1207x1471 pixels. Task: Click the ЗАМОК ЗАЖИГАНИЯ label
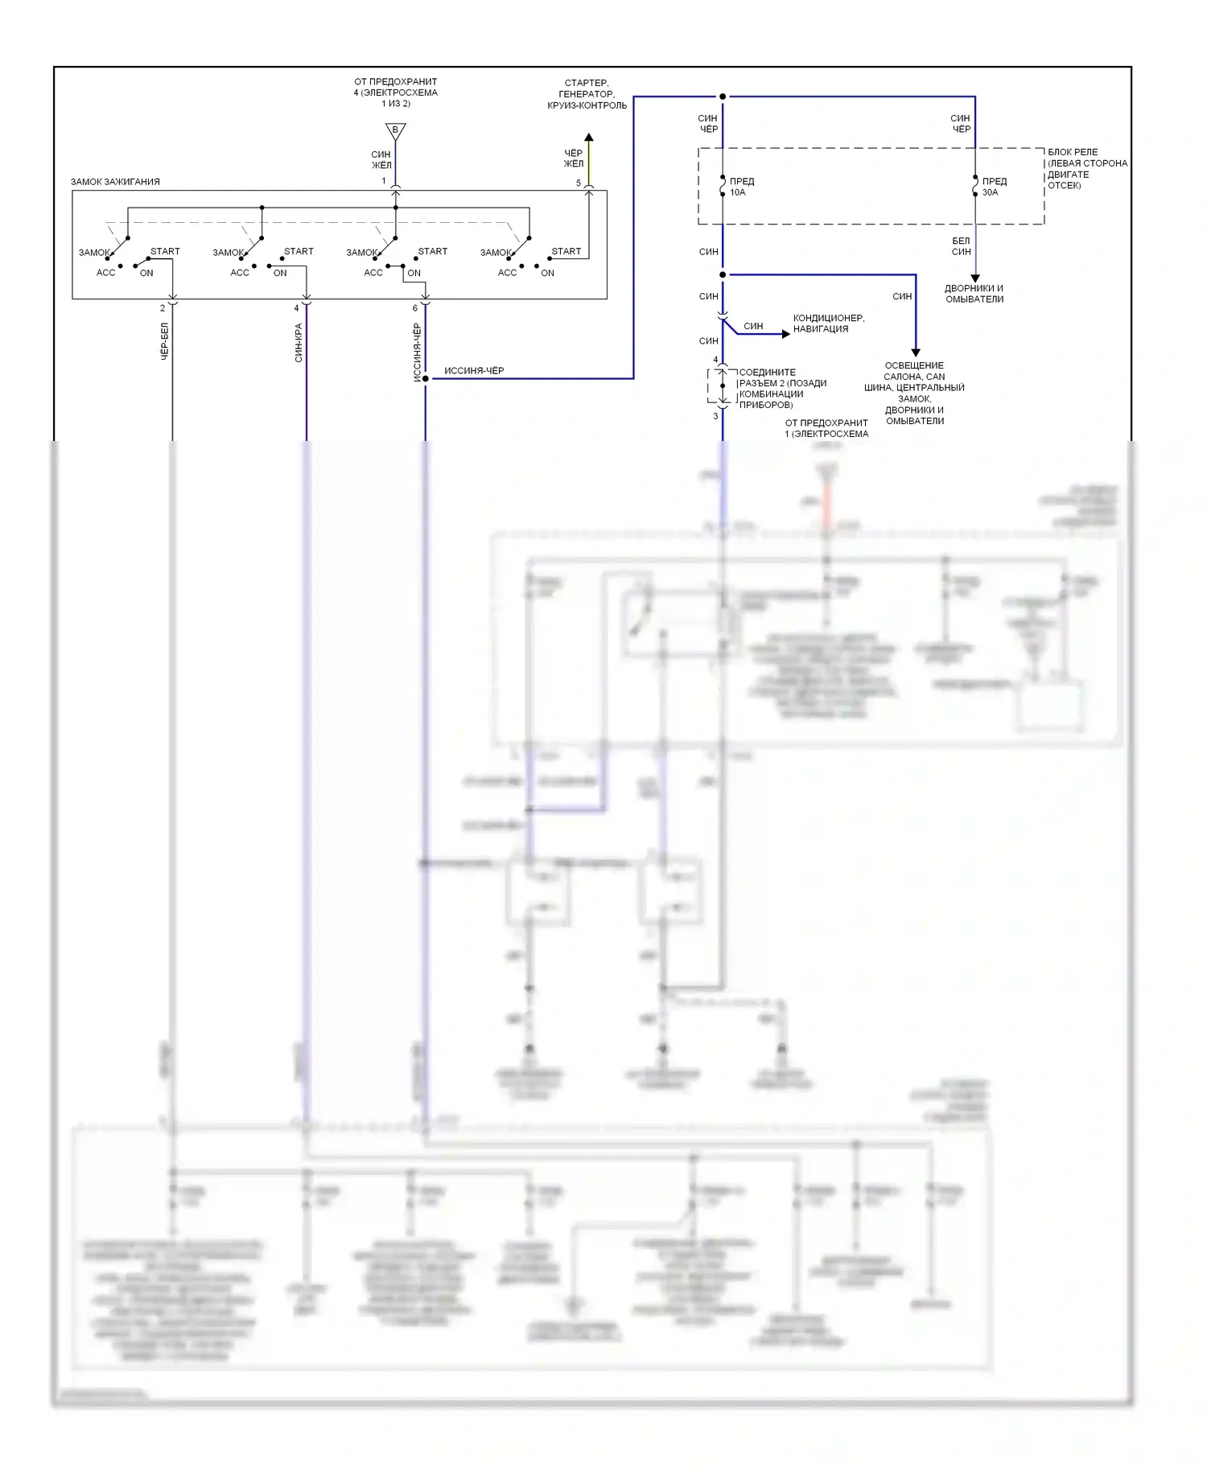coord(115,182)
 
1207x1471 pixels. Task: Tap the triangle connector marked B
coord(395,130)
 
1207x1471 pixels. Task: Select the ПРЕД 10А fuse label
coord(741,187)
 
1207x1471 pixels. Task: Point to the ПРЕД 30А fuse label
coord(994,187)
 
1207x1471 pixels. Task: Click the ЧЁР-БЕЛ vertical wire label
coord(165,341)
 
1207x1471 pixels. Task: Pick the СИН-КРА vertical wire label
coord(299,343)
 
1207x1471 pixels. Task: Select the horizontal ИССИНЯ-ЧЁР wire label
coord(474,371)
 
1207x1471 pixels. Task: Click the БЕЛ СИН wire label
coord(961,246)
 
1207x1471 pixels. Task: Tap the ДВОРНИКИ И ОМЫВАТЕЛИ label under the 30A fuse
coord(974,294)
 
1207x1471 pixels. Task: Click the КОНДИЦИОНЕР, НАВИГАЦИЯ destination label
coord(828,323)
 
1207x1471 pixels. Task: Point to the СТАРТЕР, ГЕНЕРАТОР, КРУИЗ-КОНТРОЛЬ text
coord(587,94)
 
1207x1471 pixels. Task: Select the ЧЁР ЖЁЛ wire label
coord(573,159)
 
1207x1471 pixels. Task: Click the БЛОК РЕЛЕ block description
coord(1086,169)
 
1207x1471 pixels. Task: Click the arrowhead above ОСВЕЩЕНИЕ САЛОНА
coord(915,352)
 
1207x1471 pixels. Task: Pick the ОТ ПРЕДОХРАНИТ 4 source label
coord(395,93)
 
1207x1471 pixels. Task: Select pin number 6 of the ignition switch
coord(415,308)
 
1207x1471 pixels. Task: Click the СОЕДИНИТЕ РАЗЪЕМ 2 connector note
coord(782,389)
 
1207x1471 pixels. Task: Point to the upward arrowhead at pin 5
coord(588,138)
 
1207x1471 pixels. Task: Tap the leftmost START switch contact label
coord(165,251)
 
